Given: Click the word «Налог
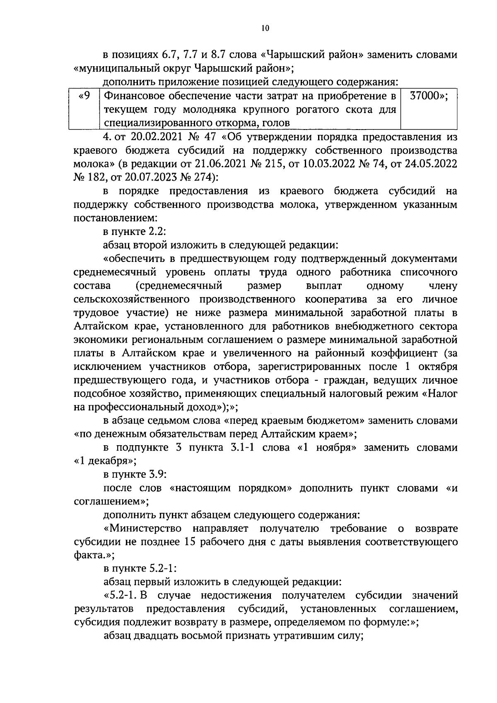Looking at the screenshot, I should click(439, 393).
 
